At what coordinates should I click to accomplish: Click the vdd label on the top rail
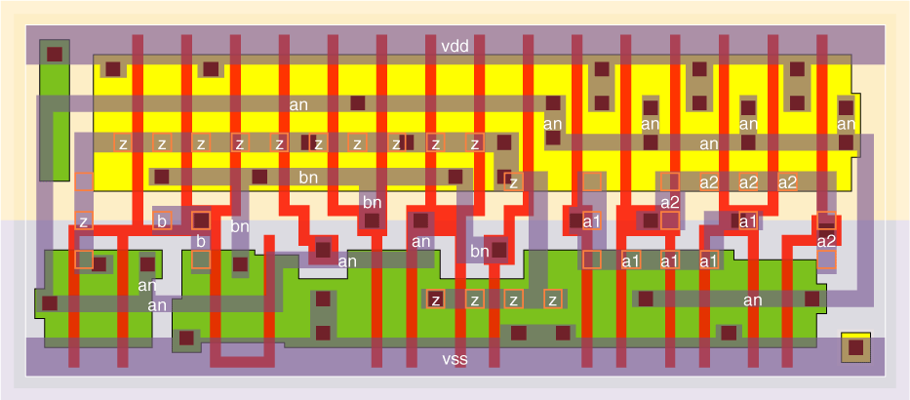click(455, 46)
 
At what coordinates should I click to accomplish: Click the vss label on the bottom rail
click(455, 360)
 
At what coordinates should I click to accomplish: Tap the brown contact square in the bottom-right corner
click(855, 346)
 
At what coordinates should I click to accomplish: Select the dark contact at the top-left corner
click(55, 54)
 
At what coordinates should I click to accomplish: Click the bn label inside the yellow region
click(308, 178)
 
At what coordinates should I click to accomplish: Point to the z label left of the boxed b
click(84, 221)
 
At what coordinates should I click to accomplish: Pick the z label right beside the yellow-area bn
click(514, 181)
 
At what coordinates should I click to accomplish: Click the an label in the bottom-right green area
click(752, 300)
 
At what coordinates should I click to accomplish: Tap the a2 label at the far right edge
click(826, 241)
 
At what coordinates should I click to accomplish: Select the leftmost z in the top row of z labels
click(123, 143)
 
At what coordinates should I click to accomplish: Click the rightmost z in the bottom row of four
click(552, 300)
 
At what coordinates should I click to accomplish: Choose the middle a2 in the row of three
click(748, 181)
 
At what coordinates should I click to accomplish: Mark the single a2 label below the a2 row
click(669, 202)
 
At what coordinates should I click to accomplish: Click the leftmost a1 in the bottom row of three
click(631, 260)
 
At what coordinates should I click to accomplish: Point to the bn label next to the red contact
click(479, 252)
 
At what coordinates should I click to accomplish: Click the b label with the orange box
click(163, 220)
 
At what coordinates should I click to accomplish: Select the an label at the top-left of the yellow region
click(299, 103)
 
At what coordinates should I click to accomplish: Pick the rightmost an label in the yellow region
click(846, 124)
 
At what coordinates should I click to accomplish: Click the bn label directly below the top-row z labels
click(372, 202)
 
